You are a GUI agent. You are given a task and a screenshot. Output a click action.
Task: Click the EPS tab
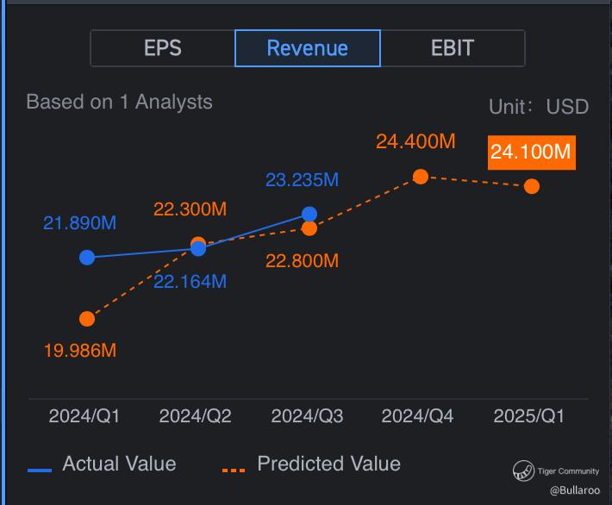pos(163,48)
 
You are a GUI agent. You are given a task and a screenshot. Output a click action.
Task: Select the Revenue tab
pos(308,48)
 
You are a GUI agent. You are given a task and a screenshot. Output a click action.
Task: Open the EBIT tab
pos(453,48)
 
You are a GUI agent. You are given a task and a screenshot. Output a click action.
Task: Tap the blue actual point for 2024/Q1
pos(87,258)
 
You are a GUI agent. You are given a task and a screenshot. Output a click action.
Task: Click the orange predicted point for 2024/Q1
pos(87,319)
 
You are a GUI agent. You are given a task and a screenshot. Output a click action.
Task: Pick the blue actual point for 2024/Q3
pos(309,215)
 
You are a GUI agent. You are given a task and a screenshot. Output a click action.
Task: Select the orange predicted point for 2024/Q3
pos(309,228)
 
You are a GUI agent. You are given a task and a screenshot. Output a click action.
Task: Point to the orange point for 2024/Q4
pos(421,177)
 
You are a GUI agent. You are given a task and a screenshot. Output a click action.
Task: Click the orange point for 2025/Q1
pos(532,186)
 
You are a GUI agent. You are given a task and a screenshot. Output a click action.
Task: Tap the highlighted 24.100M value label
pos(532,153)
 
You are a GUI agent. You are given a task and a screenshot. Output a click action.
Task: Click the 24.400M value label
pos(415,141)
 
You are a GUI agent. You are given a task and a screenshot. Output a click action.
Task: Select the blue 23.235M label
pos(302,180)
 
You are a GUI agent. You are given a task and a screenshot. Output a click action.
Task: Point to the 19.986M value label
pos(80,351)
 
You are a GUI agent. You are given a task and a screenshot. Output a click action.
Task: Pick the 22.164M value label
pos(190,282)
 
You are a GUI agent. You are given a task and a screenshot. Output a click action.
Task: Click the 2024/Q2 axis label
pos(195,416)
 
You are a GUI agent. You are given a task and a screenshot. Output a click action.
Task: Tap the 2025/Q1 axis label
pos(529,416)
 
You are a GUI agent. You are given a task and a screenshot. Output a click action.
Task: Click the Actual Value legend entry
pos(102,464)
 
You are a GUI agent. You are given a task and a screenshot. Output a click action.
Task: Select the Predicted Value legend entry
pos(311,464)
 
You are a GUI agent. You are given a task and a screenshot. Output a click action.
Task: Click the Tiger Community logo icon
pos(523,471)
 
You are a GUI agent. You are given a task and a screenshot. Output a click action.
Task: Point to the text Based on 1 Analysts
pos(120,102)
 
